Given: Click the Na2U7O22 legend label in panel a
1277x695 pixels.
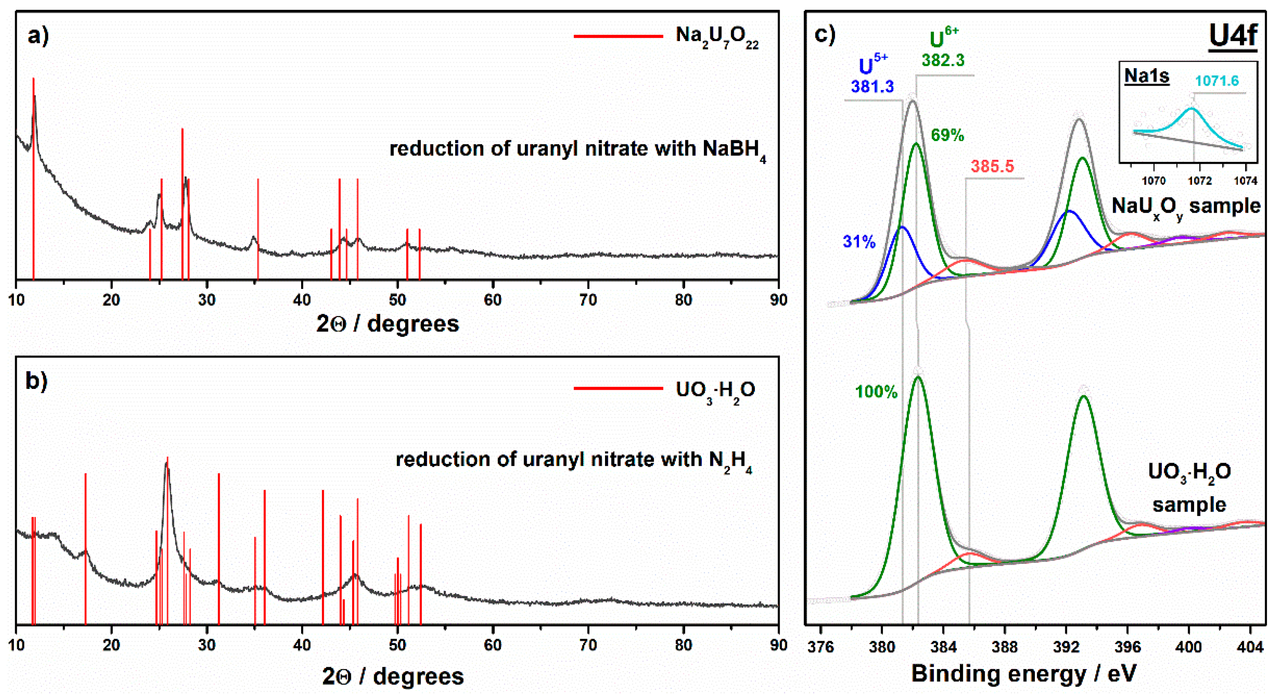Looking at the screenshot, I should click(716, 37).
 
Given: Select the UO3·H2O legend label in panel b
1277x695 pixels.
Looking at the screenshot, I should click(715, 391).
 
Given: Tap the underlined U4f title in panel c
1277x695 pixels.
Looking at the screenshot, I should click(1232, 35).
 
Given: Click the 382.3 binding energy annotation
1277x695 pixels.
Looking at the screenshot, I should click(943, 61).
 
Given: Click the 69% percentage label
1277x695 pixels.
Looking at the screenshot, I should click(947, 135).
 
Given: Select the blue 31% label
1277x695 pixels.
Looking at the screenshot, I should click(859, 242).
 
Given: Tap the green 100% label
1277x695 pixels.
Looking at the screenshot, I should click(876, 392).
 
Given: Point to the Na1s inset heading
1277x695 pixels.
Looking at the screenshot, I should click(1146, 76).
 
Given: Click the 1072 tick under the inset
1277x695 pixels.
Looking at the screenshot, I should click(1199, 181).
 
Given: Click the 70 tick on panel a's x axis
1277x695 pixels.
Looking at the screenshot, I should click(588, 300).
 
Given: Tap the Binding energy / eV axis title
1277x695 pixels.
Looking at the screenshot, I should click(1023, 674).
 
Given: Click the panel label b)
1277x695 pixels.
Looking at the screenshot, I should click(36, 381).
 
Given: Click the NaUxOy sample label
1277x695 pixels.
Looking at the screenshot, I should click(1185, 206).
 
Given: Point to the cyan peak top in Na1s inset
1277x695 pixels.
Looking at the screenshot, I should click(1191, 108).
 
